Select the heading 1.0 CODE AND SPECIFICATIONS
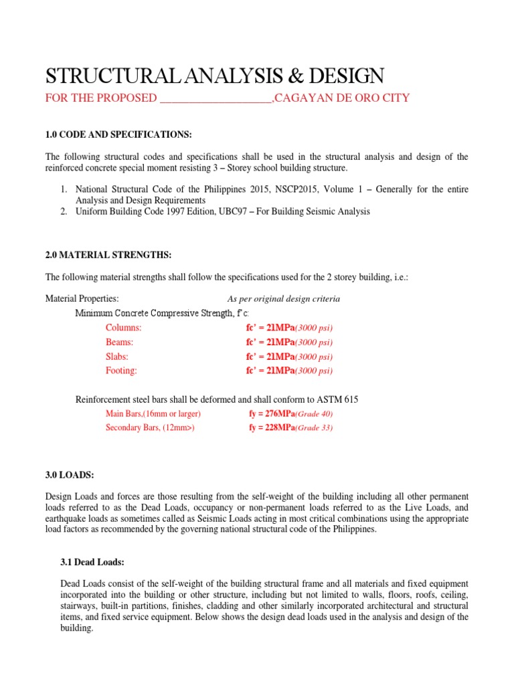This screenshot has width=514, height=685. pos(118,134)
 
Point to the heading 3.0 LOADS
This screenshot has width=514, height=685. pos(70,475)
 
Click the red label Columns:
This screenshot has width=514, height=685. pos(124,328)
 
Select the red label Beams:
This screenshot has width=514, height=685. pos(120,342)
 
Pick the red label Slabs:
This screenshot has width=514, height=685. pos(117,357)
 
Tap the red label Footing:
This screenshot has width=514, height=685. pos(121,371)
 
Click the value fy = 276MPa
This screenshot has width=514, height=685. pos(272,414)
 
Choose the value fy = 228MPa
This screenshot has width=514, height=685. pos(272,428)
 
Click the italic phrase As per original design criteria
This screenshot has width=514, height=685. pos(284,299)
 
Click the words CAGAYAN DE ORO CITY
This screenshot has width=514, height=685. pos(343,98)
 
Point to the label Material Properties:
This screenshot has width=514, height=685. pos(82,298)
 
